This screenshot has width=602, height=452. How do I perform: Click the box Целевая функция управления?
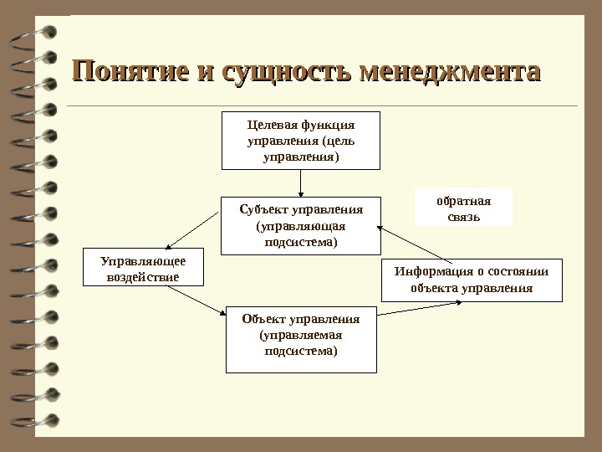[301, 140]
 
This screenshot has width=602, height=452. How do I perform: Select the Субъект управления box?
[300, 225]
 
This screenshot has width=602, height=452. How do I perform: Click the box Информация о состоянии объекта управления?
[472, 280]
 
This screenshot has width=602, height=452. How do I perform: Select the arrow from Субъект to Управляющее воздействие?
[193, 229]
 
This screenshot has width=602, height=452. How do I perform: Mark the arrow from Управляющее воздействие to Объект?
[196, 300]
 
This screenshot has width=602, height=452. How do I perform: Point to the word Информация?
[424, 270]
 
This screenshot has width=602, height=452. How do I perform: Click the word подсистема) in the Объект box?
[301, 352]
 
